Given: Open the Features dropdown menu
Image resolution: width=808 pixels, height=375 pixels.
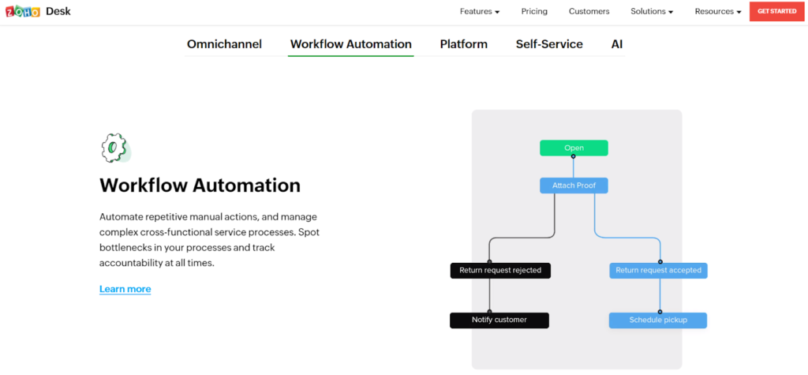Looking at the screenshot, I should (480, 12).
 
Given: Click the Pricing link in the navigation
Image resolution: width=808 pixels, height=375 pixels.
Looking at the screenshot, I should (534, 12).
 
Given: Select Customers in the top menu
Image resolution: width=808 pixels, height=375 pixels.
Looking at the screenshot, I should (589, 12).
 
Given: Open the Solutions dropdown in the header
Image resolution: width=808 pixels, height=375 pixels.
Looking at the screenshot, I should (652, 12).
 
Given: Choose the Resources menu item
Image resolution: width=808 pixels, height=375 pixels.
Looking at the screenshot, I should (717, 12).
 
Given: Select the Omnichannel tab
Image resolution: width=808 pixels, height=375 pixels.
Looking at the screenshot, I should (224, 44).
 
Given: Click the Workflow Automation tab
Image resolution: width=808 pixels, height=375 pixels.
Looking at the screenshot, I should (350, 44).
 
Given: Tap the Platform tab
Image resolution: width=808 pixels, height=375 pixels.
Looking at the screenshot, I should (463, 44).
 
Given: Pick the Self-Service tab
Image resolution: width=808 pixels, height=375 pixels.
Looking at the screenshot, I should (549, 44).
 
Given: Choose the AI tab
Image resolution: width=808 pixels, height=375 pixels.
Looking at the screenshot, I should (616, 44).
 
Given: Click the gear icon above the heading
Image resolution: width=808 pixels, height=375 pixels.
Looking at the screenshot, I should (114, 148).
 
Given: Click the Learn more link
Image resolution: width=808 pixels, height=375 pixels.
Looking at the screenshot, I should (125, 289).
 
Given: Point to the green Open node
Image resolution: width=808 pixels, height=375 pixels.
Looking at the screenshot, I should (574, 148).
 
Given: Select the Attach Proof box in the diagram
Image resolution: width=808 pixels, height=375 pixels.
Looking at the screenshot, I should (574, 186).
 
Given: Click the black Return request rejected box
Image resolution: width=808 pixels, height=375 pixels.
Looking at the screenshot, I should (500, 270).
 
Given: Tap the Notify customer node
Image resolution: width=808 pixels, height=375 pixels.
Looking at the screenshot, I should (499, 320).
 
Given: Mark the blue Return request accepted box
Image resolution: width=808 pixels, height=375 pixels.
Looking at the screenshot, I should (658, 270).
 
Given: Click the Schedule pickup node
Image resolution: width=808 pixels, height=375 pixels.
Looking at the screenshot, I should (657, 320).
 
